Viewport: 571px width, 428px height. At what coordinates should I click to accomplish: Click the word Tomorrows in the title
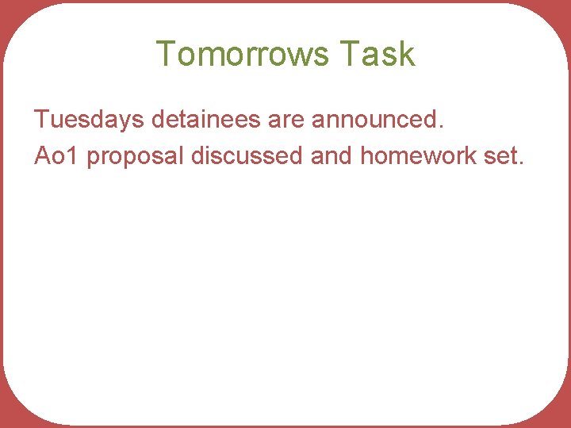pos(242,54)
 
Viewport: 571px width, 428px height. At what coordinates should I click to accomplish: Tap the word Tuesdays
pos(88,120)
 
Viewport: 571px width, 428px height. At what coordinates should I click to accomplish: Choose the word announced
pos(374,120)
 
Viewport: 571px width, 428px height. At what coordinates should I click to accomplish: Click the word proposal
pos(136,156)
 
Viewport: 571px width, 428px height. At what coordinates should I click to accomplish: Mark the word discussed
pos(247,156)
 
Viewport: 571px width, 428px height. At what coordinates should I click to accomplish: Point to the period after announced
pos(441,128)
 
